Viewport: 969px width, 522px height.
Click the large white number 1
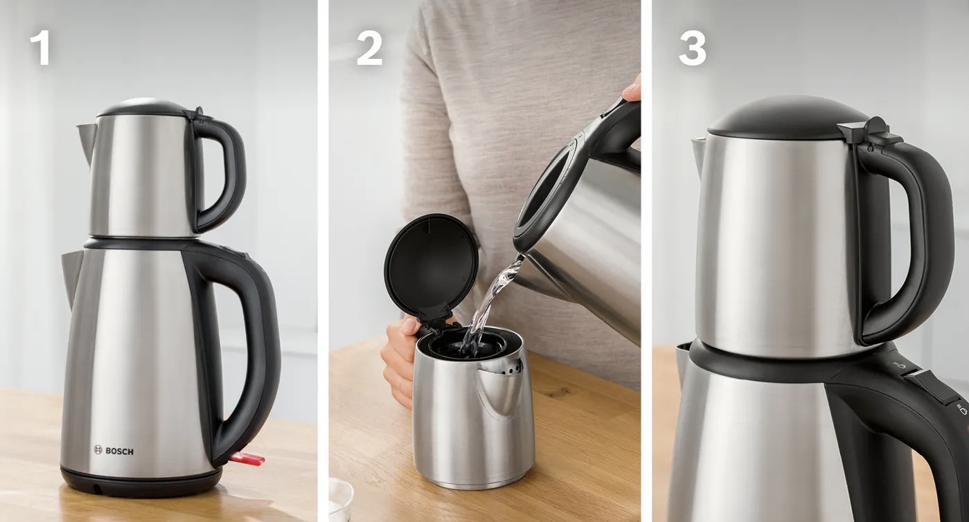[40, 49]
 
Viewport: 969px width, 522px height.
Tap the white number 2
[369, 49]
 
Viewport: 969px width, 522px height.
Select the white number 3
[692, 49]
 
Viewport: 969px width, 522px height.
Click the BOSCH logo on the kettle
[114, 451]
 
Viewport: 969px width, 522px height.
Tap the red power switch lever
[247, 459]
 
